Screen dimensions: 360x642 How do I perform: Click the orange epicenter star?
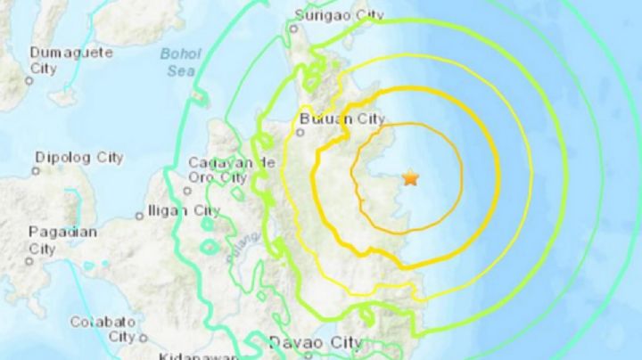(410, 177)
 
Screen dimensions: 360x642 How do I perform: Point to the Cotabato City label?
(103, 328)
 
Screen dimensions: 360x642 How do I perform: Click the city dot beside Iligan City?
(139, 215)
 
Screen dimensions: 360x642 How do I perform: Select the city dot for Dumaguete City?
(29, 80)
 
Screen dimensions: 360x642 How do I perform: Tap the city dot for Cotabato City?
(142, 338)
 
